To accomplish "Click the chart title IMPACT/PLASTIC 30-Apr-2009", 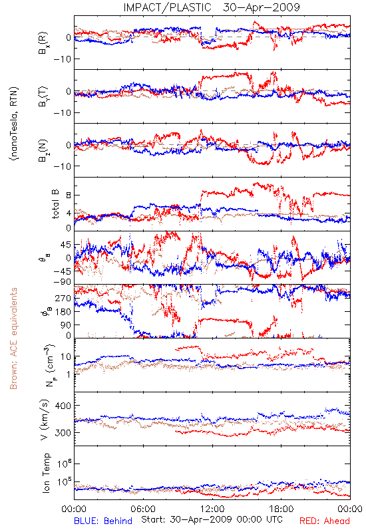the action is (212, 7).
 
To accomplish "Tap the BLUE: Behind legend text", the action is (103, 521).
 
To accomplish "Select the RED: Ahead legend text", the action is (324, 521).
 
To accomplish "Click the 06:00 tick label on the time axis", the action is (143, 509).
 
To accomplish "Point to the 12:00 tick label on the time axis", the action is (212, 509).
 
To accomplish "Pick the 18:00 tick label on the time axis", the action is (281, 509).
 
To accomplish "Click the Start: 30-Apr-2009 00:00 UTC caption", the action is (212, 519).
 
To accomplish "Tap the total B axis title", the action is (55, 204).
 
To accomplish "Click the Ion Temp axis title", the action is (46, 473).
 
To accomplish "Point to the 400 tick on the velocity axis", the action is (63, 406).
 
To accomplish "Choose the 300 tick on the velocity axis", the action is (63, 433).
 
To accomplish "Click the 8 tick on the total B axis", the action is (69, 195).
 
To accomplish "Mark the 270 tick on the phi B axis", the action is (63, 298).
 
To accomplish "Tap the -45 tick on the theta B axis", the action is (61, 271).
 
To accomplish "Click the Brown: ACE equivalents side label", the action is (13, 338).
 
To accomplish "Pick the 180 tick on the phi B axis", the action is (63, 311).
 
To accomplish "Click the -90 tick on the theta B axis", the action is (61, 281).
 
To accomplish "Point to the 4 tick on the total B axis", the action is (69, 213).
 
